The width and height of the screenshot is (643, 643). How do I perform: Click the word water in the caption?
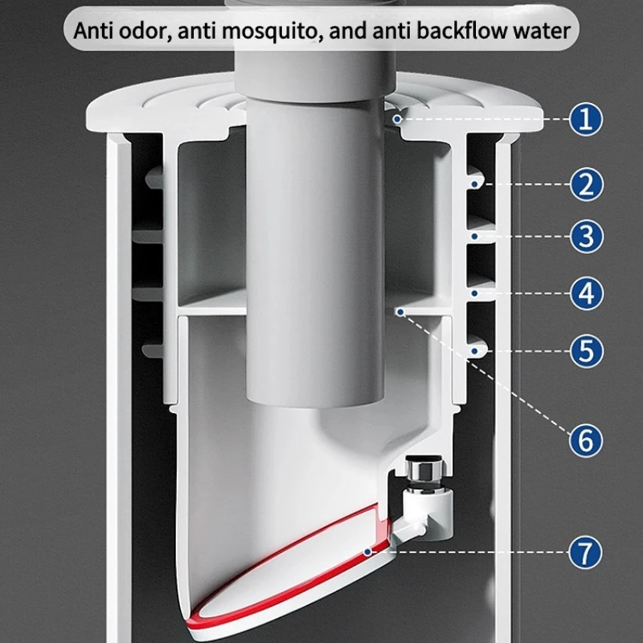[x=540, y=30]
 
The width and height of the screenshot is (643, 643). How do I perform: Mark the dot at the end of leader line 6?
[x=399, y=311]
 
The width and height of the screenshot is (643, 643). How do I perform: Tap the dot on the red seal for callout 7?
[x=367, y=552]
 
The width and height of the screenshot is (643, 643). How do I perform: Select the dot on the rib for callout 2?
[x=475, y=185]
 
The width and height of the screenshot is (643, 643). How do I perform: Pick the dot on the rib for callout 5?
[x=475, y=351]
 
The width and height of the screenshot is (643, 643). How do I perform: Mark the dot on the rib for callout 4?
[x=475, y=293]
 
